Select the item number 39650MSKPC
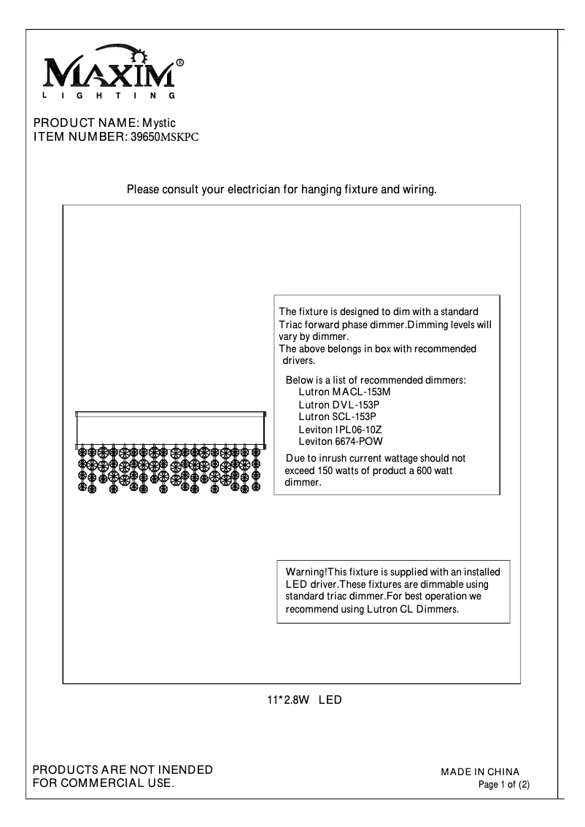164,136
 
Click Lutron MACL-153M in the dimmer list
339,392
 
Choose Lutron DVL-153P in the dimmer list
339,404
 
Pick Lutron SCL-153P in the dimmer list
338,416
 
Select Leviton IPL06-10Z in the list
340,430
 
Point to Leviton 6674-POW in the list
340,441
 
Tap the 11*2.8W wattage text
289,700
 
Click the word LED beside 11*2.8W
330,700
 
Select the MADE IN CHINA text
480,772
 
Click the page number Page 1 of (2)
503,785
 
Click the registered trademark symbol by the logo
180,63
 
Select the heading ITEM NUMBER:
80,136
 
